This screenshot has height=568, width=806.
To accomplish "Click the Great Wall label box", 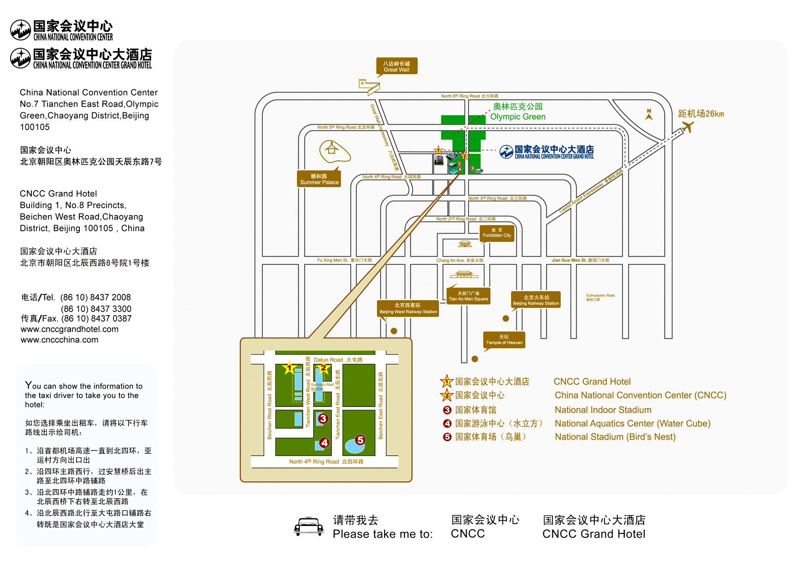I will click(397, 66).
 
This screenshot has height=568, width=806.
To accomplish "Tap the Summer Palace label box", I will click(319, 179).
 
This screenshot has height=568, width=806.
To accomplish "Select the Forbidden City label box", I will click(497, 233).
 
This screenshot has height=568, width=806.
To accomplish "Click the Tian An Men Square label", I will click(468, 296).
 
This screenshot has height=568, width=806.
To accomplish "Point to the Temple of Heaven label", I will click(504, 340).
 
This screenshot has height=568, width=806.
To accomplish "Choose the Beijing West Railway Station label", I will click(408, 308).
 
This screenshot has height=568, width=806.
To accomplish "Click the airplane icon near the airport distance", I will click(687, 126).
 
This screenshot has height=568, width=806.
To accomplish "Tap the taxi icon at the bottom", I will click(309, 526).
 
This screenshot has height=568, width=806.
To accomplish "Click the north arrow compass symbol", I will click(649, 114).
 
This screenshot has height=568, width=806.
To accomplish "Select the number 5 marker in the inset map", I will click(360, 440).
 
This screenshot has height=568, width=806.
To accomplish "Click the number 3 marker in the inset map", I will click(323, 419).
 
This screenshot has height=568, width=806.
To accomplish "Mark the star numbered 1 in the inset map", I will click(290, 368).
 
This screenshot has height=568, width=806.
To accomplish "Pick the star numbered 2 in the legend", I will click(446, 395).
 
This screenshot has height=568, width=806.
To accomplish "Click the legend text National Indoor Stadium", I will click(603, 410).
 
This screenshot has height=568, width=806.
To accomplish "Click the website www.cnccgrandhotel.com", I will click(70, 329).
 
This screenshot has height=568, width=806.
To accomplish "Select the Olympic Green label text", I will click(517, 117).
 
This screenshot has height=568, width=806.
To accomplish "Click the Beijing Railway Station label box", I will click(536, 300).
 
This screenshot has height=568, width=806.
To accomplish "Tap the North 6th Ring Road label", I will click(469, 96).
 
